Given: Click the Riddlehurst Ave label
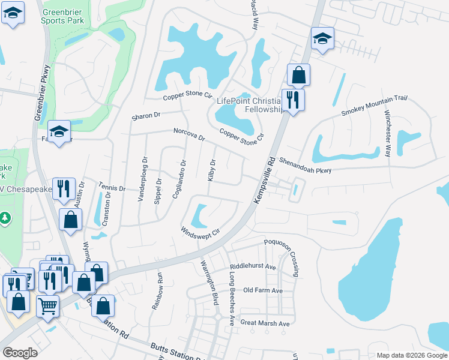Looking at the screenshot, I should pyautogui.click(x=252, y=266).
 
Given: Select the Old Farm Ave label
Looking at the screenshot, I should pyautogui.click(x=262, y=290).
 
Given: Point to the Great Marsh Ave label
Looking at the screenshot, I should pyautogui.click(x=265, y=323).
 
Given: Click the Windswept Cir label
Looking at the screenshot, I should pyautogui.click(x=201, y=230).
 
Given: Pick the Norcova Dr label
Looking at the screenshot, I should pyautogui.click(x=190, y=134).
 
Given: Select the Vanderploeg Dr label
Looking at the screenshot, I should pyautogui.click(x=144, y=179).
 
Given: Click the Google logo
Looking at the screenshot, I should pyautogui.click(x=20, y=353).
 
